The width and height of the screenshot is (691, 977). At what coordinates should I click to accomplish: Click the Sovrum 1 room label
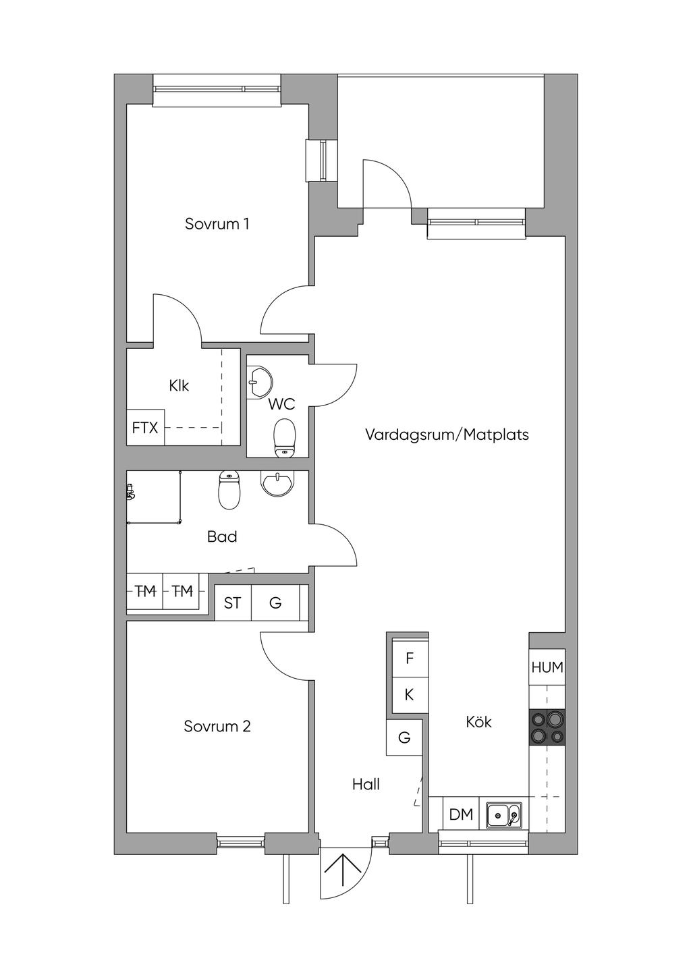tap(217, 224)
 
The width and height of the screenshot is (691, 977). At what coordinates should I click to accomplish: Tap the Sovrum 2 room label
tap(217, 726)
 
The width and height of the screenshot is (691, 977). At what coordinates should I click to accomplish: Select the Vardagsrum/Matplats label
tap(447, 435)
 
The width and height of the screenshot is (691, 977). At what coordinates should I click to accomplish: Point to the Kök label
tap(478, 722)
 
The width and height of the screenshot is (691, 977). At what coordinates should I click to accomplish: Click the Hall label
tap(366, 784)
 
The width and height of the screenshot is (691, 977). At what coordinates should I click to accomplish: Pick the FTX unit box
tap(145, 428)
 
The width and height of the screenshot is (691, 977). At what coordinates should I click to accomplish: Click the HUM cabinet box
tap(547, 667)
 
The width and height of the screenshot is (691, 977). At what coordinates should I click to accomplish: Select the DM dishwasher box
tap(461, 814)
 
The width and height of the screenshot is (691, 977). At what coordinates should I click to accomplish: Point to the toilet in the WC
tap(284, 439)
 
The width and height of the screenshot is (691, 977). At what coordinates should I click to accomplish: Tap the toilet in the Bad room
tap(229, 491)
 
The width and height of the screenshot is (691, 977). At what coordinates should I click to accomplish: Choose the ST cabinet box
tap(233, 603)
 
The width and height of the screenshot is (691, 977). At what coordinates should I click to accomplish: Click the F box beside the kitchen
tap(410, 658)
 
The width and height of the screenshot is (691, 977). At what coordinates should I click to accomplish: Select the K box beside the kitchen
tap(410, 695)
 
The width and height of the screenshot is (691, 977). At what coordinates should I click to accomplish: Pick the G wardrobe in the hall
tap(404, 737)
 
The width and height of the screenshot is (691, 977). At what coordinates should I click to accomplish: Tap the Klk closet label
tap(179, 385)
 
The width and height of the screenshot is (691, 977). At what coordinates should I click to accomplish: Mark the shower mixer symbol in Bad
tap(130, 492)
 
